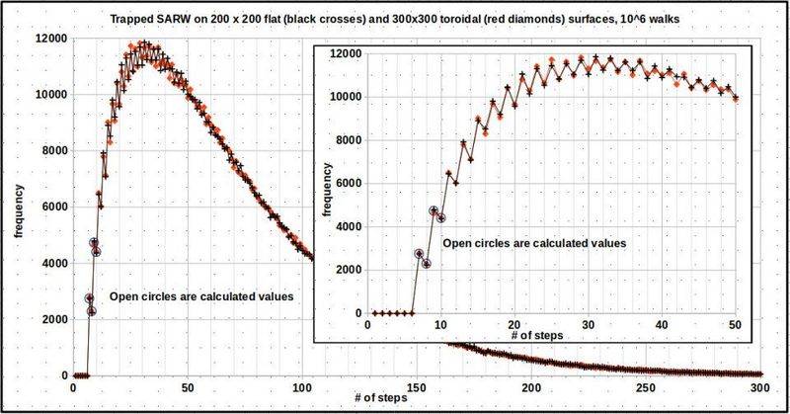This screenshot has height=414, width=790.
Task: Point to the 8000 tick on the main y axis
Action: click(52, 150)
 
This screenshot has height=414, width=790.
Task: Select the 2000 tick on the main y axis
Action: click(52, 319)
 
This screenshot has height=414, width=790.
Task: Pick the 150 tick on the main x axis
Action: click(418, 387)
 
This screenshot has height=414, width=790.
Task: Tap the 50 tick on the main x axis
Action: click(189, 387)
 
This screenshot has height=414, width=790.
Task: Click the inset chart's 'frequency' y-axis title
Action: click(326, 183)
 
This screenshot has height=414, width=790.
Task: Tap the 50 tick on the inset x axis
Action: click(736, 324)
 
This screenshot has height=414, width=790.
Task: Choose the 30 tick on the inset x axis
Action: click(589, 324)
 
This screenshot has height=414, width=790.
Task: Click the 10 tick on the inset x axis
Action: click(441, 324)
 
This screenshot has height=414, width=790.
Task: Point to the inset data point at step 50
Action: click(736, 98)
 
